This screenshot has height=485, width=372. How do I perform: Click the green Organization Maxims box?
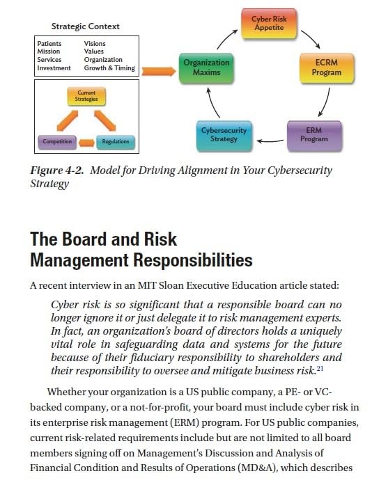coord(206,67)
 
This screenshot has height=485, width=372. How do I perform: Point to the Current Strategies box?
coord(86,97)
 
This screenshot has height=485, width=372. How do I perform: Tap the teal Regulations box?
coord(115,141)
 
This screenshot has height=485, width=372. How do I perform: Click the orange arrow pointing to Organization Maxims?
coord(159,70)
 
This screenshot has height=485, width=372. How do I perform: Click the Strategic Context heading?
coord(86,26)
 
